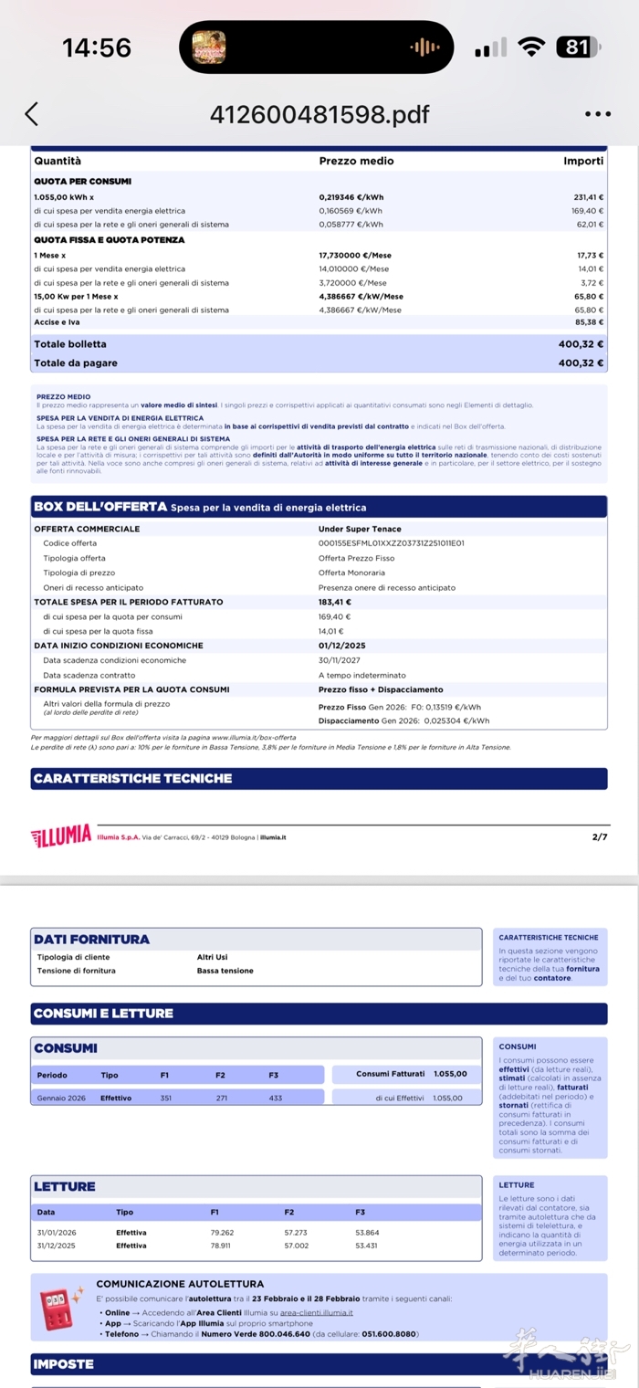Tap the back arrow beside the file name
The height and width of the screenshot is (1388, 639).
[x=32, y=114]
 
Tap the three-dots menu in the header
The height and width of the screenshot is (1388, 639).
[x=597, y=114]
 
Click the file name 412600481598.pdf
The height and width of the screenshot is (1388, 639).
[x=319, y=114]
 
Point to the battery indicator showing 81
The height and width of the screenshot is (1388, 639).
[x=578, y=47]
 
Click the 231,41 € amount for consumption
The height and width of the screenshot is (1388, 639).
[x=588, y=197]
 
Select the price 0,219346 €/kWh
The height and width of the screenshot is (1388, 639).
[x=351, y=197]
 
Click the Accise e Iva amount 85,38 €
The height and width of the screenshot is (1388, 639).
[x=589, y=322]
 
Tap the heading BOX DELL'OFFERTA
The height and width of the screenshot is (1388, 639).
[x=100, y=507]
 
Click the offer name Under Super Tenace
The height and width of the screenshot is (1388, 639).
[x=360, y=529]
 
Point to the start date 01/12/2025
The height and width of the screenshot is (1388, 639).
[x=341, y=646]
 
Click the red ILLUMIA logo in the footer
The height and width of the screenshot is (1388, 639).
[x=61, y=836]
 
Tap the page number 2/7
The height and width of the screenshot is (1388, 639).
[x=599, y=836]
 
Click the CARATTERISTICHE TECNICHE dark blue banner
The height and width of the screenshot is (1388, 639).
[x=319, y=779]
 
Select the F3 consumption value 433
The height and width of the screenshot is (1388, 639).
[x=276, y=1098]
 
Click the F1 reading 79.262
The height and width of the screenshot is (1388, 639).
[x=222, y=1233]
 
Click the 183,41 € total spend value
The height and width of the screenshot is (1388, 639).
[x=335, y=602]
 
